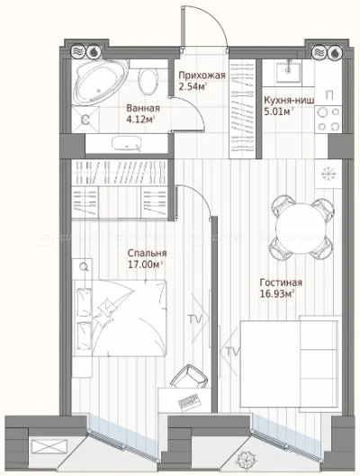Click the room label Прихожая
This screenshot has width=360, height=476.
(x=202, y=76)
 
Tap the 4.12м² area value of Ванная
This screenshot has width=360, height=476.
(x=140, y=120)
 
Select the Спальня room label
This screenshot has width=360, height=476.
(x=147, y=253)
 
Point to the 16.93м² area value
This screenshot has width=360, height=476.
(x=277, y=294)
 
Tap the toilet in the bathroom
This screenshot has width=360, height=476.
(x=148, y=81)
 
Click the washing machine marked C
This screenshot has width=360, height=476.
(x=85, y=120)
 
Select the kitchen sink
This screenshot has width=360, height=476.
(x=288, y=73)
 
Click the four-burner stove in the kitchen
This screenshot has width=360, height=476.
(x=328, y=120)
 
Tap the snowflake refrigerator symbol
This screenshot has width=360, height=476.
(x=328, y=174)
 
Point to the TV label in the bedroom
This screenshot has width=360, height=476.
(x=194, y=319)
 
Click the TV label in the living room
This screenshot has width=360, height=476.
(x=232, y=352)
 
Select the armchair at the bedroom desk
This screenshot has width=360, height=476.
(x=189, y=377)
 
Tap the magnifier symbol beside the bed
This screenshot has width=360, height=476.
(x=84, y=267)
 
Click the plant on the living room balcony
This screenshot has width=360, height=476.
(x=246, y=462)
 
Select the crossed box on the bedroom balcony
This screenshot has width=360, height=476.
(x=49, y=447)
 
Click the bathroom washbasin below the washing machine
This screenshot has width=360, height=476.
(x=126, y=144)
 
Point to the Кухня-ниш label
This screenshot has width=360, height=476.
(x=289, y=100)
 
